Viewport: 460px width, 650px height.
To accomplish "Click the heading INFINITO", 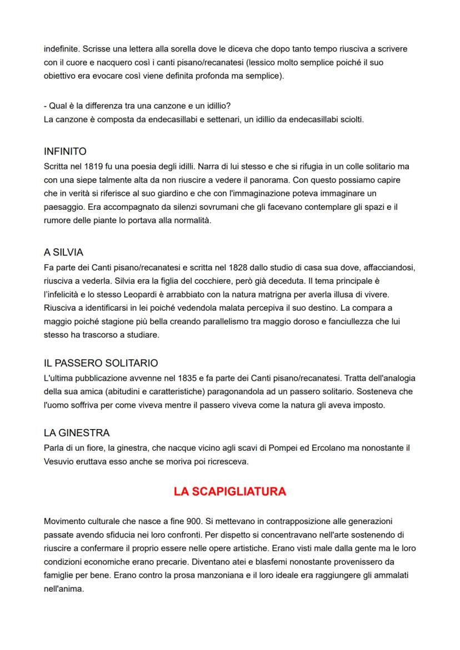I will click(x=65, y=151).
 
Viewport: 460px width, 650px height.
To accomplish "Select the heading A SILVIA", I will click(x=63, y=253).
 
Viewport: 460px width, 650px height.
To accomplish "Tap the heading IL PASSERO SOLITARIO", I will click(x=101, y=363).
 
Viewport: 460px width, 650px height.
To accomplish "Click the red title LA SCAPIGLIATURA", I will click(x=229, y=491).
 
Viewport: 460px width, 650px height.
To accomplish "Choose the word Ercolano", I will click(x=318, y=447).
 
